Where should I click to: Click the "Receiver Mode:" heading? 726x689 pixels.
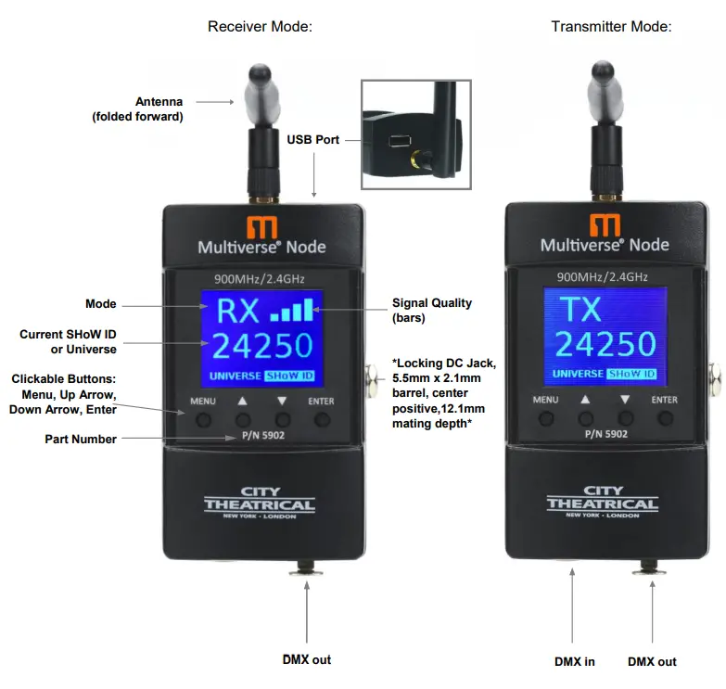[x=260, y=27]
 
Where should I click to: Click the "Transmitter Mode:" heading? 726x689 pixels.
[x=611, y=27]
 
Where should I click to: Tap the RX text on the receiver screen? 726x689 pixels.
[x=233, y=311]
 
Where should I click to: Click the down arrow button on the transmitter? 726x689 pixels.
[x=625, y=418]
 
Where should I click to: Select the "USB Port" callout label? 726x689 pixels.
[x=312, y=140]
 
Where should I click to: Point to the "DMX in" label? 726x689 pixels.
[x=576, y=661]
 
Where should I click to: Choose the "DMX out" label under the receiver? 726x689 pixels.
[x=307, y=659]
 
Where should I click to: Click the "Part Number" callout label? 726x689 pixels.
[x=81, y=439]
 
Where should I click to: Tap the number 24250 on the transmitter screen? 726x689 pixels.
[x=606, y=344]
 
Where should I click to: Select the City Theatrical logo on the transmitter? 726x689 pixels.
[x=603, y=501]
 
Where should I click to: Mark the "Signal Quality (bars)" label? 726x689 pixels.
[x=432, y=309]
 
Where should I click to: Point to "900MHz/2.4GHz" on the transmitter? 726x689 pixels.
[x=603, y=275]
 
